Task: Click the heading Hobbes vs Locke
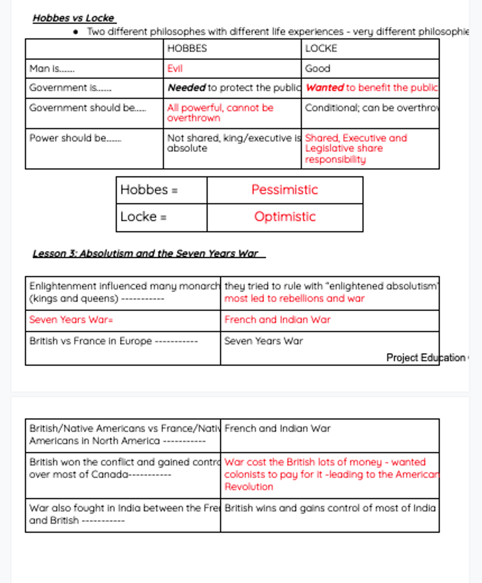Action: coord(73,18)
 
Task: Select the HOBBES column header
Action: coord(187,49)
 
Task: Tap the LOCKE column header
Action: coord(321,49)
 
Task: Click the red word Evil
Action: coord(174,69)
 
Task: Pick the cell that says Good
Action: coord(318,69)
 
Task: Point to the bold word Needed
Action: coord(186,88)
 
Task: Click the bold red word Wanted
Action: coord(324,88)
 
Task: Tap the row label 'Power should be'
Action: coord(75,138)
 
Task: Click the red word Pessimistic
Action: coord(285,190)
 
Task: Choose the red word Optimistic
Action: coord(285,217)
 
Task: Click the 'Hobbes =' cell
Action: coord(149,190)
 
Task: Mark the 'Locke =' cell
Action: coord(143,217)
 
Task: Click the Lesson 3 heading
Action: coord(145,254)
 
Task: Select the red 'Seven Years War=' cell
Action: coord(71,320)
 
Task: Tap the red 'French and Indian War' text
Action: coord(277,320)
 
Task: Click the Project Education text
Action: coord(426,358)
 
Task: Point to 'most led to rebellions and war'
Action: coord(294,299)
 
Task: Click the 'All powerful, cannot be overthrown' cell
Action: coord(220,113)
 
